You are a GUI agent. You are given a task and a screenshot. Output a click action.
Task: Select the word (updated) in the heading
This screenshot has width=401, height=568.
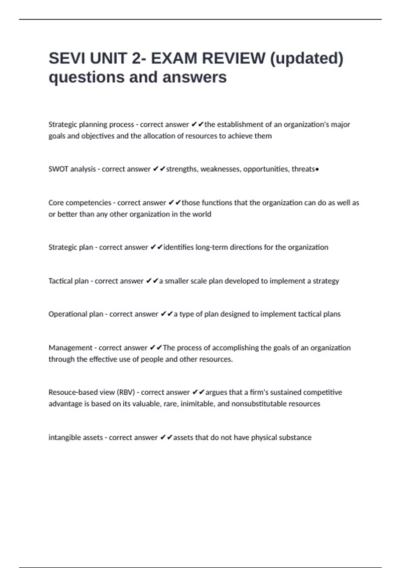306,58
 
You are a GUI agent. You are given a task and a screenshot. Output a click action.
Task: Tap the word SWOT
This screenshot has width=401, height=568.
58,169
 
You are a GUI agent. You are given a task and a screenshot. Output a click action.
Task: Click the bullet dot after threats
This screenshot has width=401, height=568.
317,169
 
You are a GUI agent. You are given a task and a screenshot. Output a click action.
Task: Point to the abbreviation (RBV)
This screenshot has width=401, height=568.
126,392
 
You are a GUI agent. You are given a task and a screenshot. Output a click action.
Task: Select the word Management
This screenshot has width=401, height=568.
70,348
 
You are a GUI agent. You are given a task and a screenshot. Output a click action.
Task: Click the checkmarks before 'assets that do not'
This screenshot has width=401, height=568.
166,437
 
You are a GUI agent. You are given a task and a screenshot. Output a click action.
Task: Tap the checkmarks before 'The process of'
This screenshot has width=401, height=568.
156,347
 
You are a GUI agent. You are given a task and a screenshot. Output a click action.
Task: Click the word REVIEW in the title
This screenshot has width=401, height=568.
234,58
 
